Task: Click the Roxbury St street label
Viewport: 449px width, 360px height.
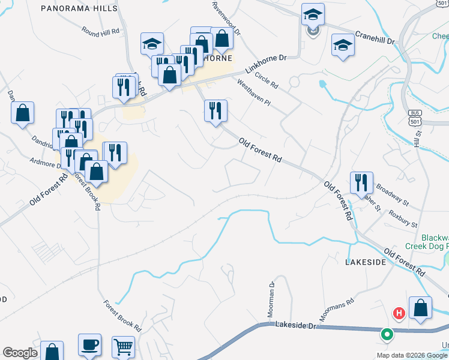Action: [x=403, y=218]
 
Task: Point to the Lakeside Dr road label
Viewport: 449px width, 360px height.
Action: [x=295, y=324]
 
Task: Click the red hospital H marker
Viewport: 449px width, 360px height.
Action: [x=398, y=313]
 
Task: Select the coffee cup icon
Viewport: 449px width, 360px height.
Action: [x=90, y=345]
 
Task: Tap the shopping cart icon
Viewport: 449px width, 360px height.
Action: [x=123, y=346]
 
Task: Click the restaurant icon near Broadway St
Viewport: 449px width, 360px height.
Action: [x=361, y=182]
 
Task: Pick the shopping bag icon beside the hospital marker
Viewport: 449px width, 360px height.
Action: [x=421, y=307]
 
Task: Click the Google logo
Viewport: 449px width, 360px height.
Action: [x=20, y=353]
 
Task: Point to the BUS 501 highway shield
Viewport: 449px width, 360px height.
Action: [x=414, y=117]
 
